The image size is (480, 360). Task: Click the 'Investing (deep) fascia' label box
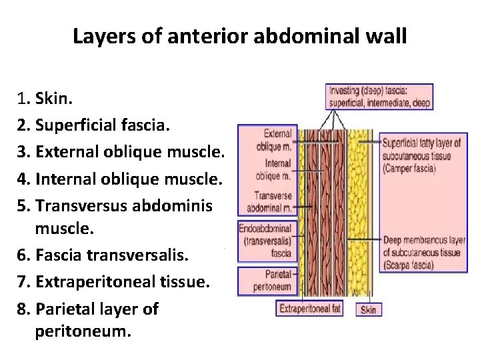tap(379, 97)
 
